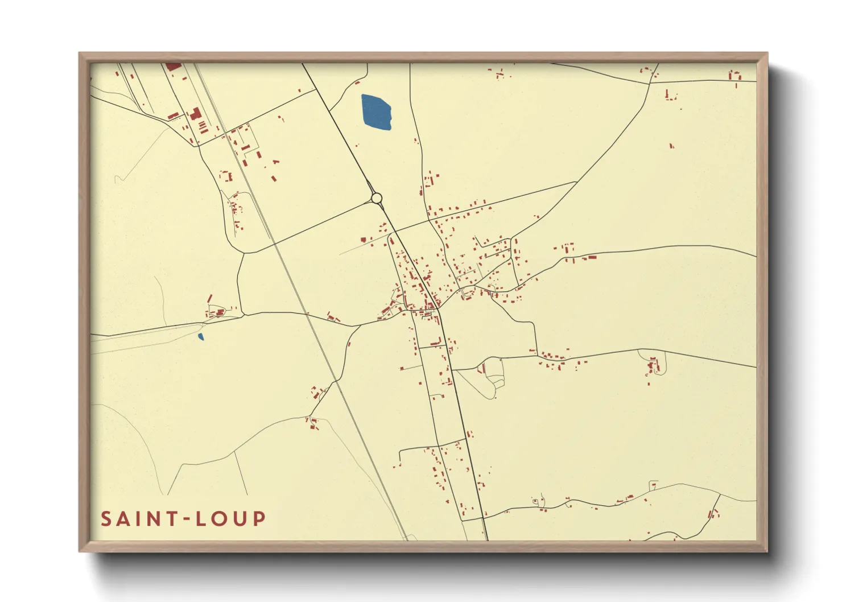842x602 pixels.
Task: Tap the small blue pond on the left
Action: click(200, 336)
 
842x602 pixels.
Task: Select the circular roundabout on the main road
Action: click(376, 198)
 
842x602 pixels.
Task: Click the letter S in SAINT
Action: click(106, 519)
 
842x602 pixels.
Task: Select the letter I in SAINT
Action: click(137, 519)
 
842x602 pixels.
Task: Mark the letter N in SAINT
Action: click(151, 519)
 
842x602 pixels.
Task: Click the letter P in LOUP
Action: click(259, 519)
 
